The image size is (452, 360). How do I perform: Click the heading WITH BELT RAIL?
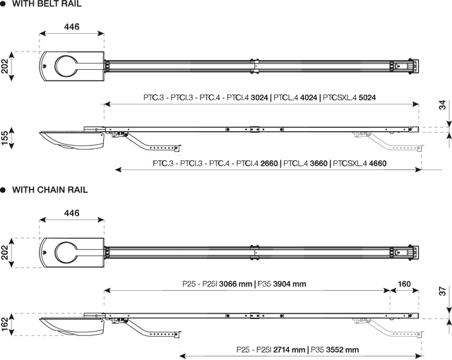[47, 4]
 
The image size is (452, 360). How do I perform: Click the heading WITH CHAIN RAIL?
[50, 190]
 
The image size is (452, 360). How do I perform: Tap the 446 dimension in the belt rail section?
[71, 27]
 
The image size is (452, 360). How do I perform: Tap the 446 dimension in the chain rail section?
[71, 213]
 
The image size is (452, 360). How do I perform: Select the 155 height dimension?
[5, 138]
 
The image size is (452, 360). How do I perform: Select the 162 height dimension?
[5, 325]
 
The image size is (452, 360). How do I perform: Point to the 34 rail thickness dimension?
[443, 105]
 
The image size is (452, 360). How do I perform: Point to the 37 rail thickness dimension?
[443, 291]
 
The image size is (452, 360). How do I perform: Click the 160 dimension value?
[404, 284]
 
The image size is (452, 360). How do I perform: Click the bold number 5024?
[367, 97]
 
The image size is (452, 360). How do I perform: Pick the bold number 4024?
[309, 97]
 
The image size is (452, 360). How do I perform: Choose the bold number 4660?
[378, 164]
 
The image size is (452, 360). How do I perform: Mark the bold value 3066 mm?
[235, 284]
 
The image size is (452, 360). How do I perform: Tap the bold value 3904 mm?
[290, 284]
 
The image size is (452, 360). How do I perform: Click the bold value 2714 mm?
[289, 350]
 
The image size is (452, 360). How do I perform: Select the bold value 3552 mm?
[343, 350]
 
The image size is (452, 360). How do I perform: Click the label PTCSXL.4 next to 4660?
[350, 164]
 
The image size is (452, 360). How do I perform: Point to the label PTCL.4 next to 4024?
[286, 97]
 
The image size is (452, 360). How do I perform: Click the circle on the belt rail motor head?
[66, 66]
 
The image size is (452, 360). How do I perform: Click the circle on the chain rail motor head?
[66, 253]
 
